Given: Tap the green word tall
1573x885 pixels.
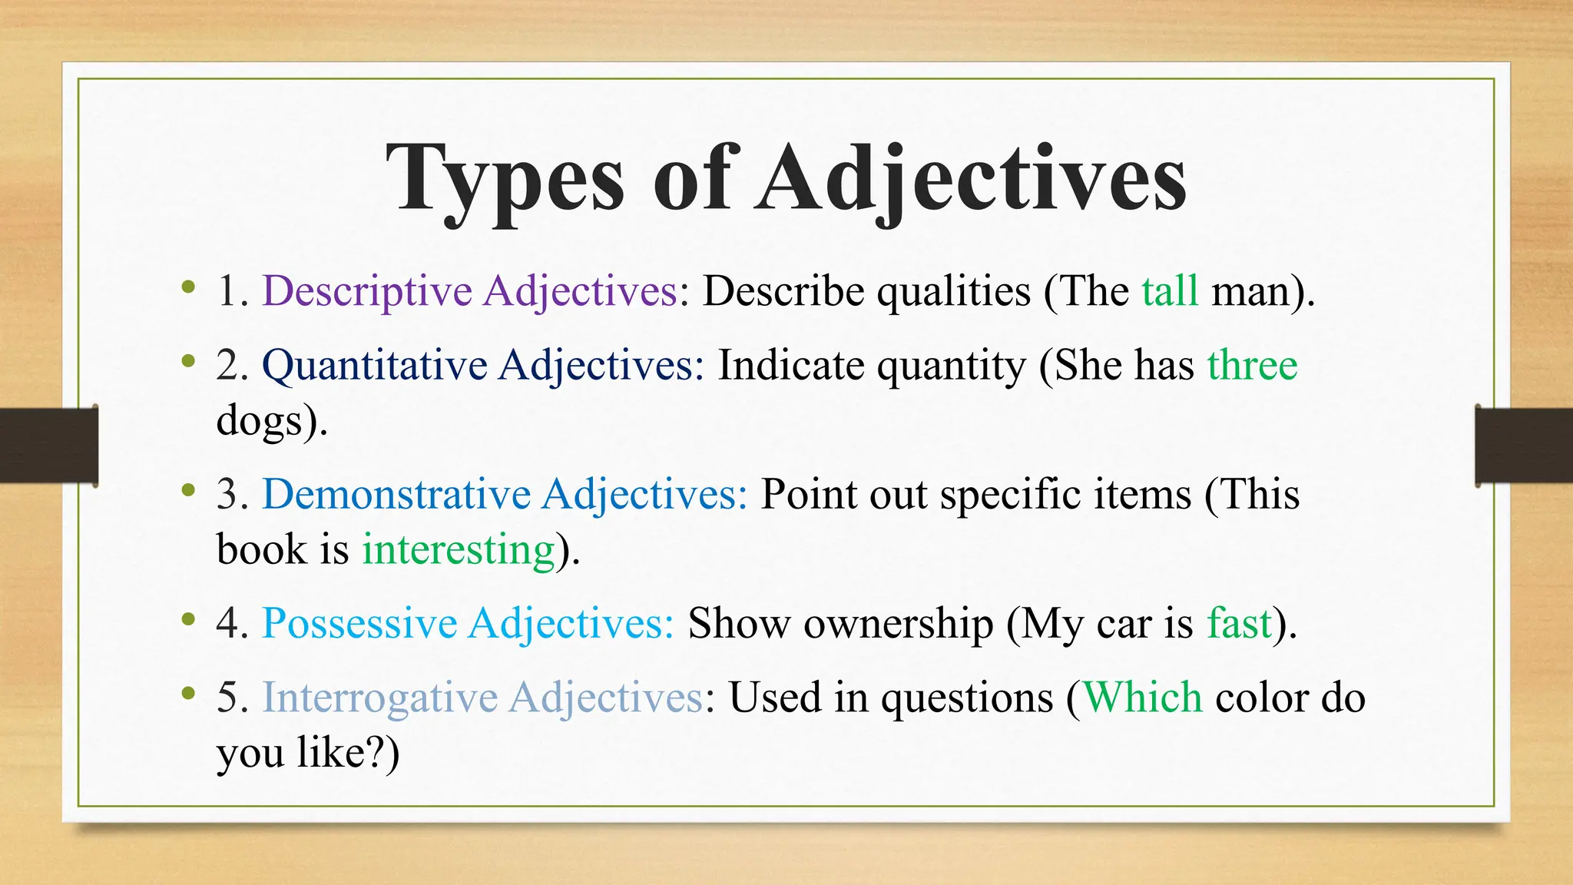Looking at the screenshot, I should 1170,291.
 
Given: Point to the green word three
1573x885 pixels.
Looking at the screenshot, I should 1252,366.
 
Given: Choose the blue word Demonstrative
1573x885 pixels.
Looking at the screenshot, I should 396,494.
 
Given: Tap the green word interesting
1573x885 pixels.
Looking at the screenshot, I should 459,550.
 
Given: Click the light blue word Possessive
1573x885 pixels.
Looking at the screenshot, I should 359,623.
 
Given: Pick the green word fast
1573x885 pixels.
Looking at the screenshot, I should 1239,623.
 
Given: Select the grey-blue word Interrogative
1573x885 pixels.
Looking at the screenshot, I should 379,698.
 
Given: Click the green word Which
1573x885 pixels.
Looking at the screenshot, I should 1142,698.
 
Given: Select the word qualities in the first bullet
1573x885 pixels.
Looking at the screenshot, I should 954,292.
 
